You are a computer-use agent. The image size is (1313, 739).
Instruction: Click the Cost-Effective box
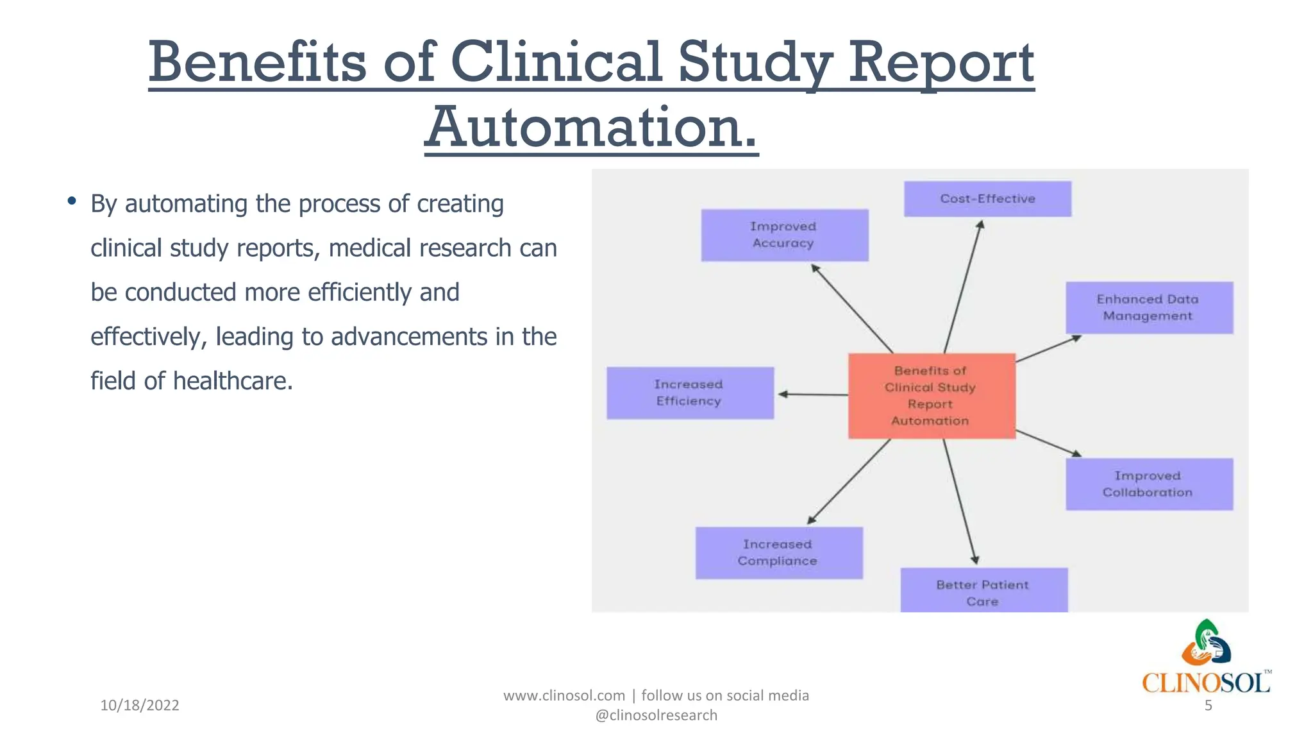tap(987, 199)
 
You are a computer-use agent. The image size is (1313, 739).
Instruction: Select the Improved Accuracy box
tap(784, 235)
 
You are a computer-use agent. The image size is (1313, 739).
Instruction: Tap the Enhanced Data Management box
tap(1149, 307)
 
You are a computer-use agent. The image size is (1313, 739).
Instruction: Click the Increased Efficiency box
tap(690, 393)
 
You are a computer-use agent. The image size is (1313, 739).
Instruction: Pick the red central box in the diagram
tap(932, 396)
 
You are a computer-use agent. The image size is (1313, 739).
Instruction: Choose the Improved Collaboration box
tap(1149, 484)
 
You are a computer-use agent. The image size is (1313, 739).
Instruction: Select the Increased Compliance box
tap(778, 552)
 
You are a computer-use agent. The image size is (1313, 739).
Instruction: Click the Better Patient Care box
tap(983, 591)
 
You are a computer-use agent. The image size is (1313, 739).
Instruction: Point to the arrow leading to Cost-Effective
tap(963, 286)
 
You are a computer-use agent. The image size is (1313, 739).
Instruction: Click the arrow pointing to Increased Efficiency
tap(813, 395)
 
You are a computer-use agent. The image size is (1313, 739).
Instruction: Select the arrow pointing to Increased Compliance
tap(849, 481)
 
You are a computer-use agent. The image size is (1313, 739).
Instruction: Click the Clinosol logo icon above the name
tap(1206, 643)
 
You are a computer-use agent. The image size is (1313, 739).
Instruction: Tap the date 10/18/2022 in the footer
tap(140, 705)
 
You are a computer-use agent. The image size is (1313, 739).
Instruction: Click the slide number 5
tap(1208, 706)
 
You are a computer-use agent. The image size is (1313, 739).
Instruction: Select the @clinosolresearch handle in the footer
tap(656, 715)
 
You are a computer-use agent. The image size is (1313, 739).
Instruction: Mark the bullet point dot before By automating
tap(72, 201)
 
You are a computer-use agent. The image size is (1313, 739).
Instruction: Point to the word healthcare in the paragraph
tap(233, 381)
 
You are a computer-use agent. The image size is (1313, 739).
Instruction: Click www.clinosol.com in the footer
tap(564, 695)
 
